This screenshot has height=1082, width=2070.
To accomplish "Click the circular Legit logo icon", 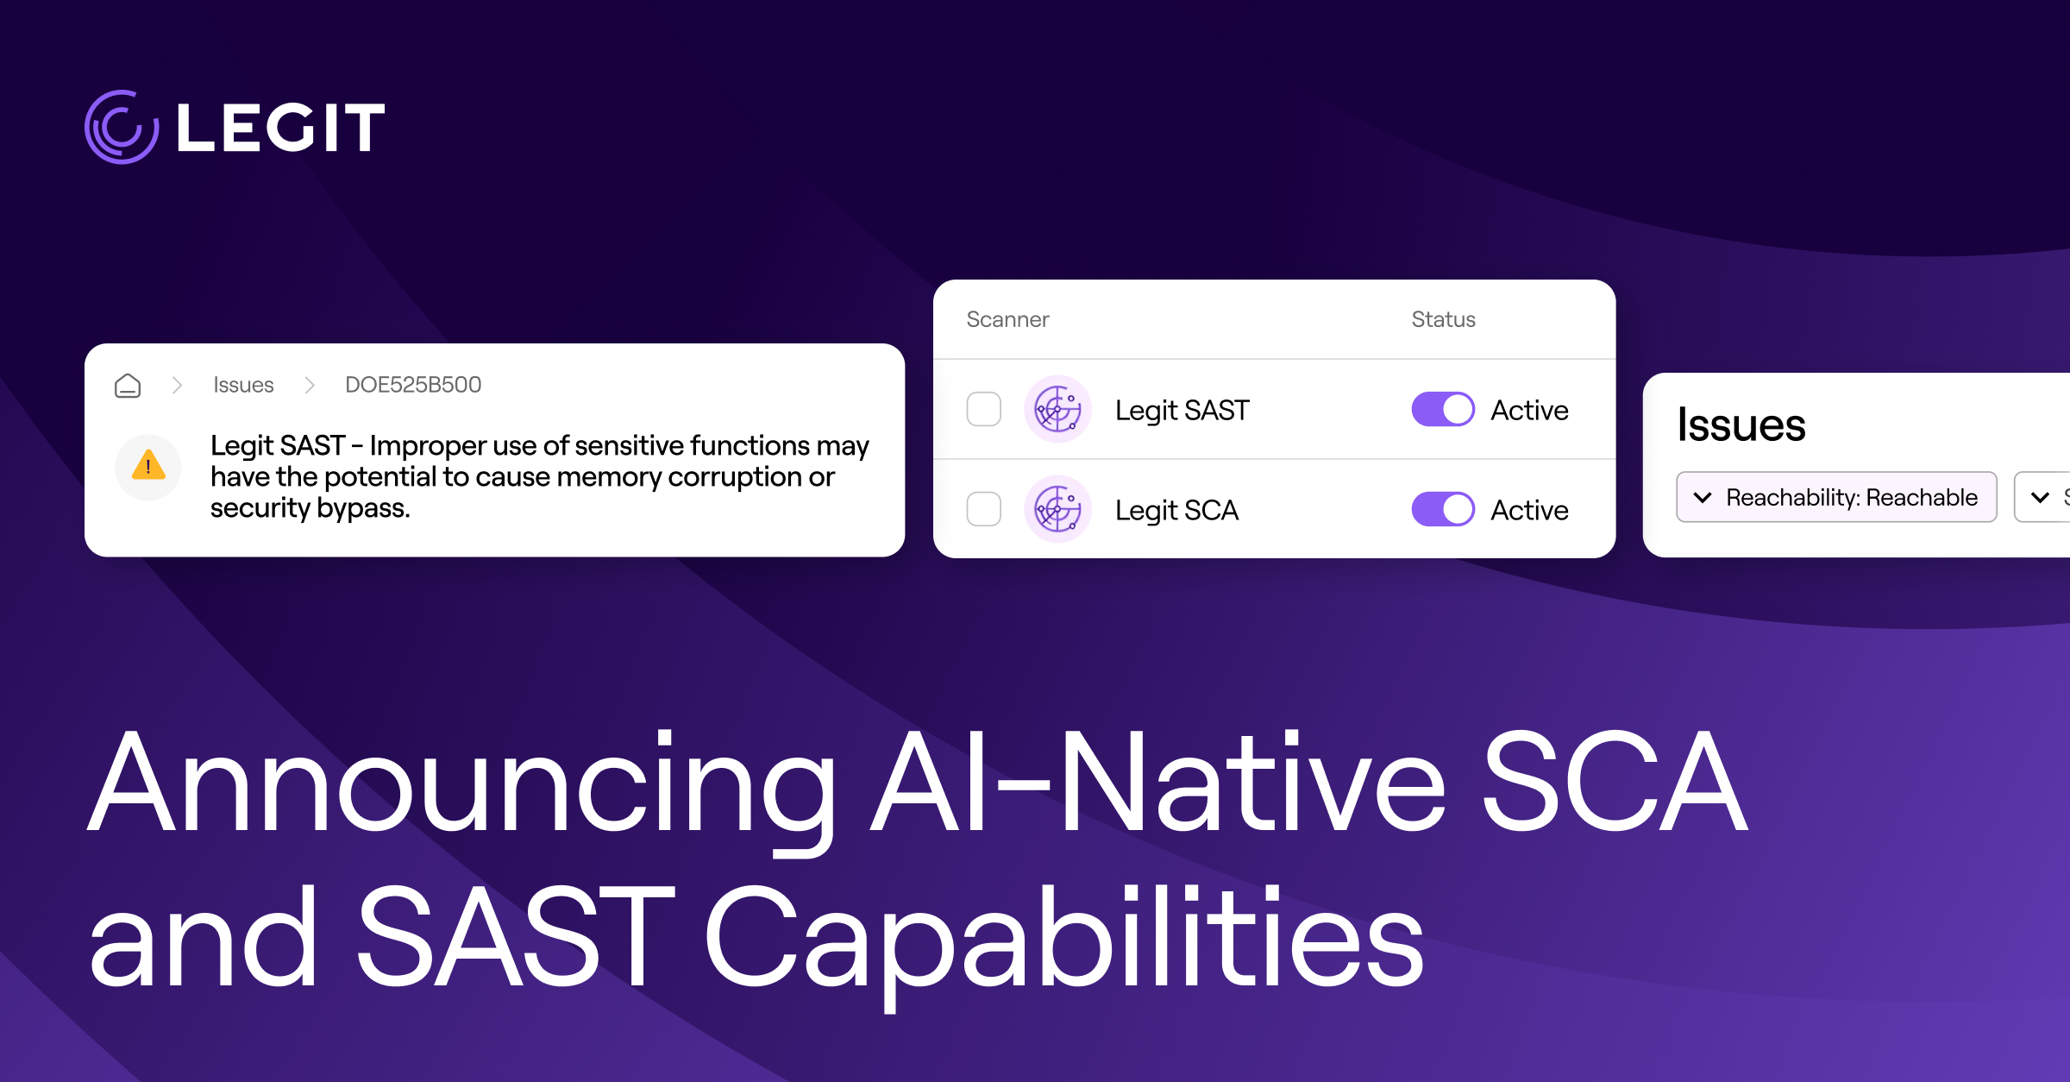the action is [x=122, y=127].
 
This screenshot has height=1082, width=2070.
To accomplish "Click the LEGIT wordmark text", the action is [x=281, y=128].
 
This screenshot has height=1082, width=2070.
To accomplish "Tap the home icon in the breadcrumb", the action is [x=128, y=385].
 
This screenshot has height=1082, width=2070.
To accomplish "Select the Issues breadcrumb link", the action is [x=243, y=385].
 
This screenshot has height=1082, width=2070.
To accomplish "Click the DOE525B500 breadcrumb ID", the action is [x=413, y=385].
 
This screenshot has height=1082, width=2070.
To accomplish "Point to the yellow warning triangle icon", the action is [x=148, y=465].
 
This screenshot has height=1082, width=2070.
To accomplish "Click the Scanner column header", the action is [x=1007, y=319].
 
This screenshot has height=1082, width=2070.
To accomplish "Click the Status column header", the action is [x=1443, y=319].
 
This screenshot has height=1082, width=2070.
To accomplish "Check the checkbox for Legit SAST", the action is [x=984, y=409].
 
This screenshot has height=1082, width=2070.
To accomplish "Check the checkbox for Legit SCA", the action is [x=984, y=509].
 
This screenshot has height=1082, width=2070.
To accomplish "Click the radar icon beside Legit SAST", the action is [x=1058, y=409].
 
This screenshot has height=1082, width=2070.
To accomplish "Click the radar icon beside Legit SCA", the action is [x=1058, y=509].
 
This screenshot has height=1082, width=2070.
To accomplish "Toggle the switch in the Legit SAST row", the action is [x=1443, y=409].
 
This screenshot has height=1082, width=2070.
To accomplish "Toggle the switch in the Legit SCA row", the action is [x=1443, y=509].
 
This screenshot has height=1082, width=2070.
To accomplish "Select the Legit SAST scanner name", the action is [x=1182, y=411].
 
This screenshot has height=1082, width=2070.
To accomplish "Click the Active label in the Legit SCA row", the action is [x=1529, y=510].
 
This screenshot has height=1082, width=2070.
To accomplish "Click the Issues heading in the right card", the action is [x=1741, y=425].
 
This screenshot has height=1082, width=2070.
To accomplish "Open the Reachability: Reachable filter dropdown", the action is [x=1836, y=497].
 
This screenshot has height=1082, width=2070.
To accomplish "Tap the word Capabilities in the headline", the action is [x=1064, y=940].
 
